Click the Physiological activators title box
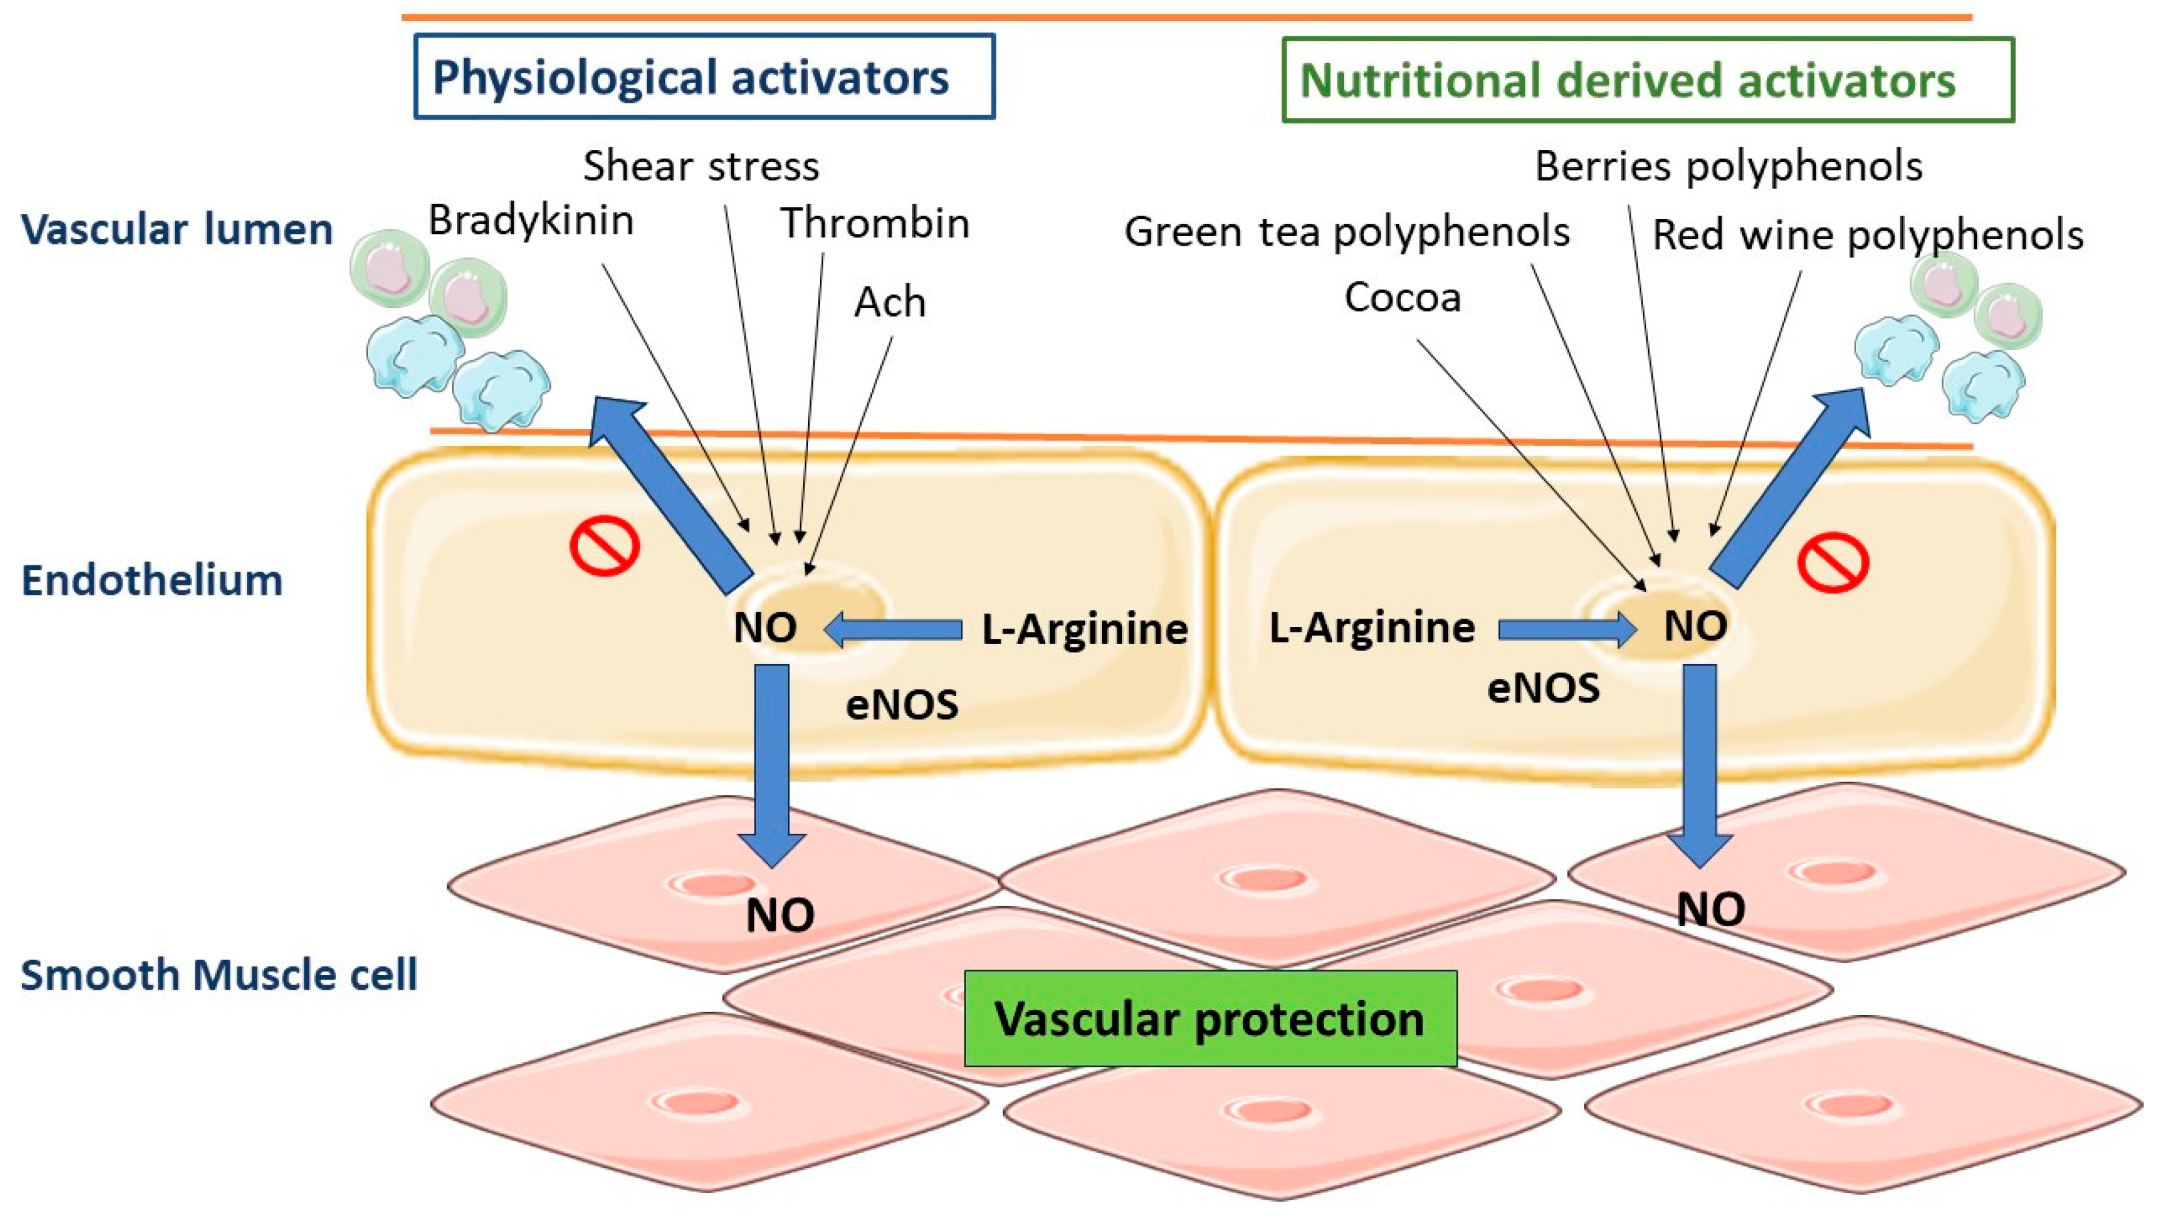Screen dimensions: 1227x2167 coord(703,77)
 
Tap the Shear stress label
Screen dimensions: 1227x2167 coord(700,166)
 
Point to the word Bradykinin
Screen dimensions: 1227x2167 coord(531,221)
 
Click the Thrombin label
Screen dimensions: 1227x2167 coord(875,224)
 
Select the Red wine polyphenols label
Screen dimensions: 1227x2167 coord(1867,235)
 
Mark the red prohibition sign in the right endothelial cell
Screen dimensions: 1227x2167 coord(1832,562)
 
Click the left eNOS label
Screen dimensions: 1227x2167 coord(902,704)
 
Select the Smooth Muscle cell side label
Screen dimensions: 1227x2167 coord(218,975)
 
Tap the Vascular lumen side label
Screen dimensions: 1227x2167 coord(177,229)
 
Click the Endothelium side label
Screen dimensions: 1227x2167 coord(151,580)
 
